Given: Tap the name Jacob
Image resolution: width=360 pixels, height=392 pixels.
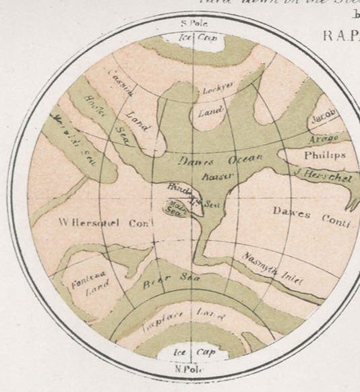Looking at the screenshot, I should pos(323,116).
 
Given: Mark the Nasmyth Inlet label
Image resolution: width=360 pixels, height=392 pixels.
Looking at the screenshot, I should pos(272,268).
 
